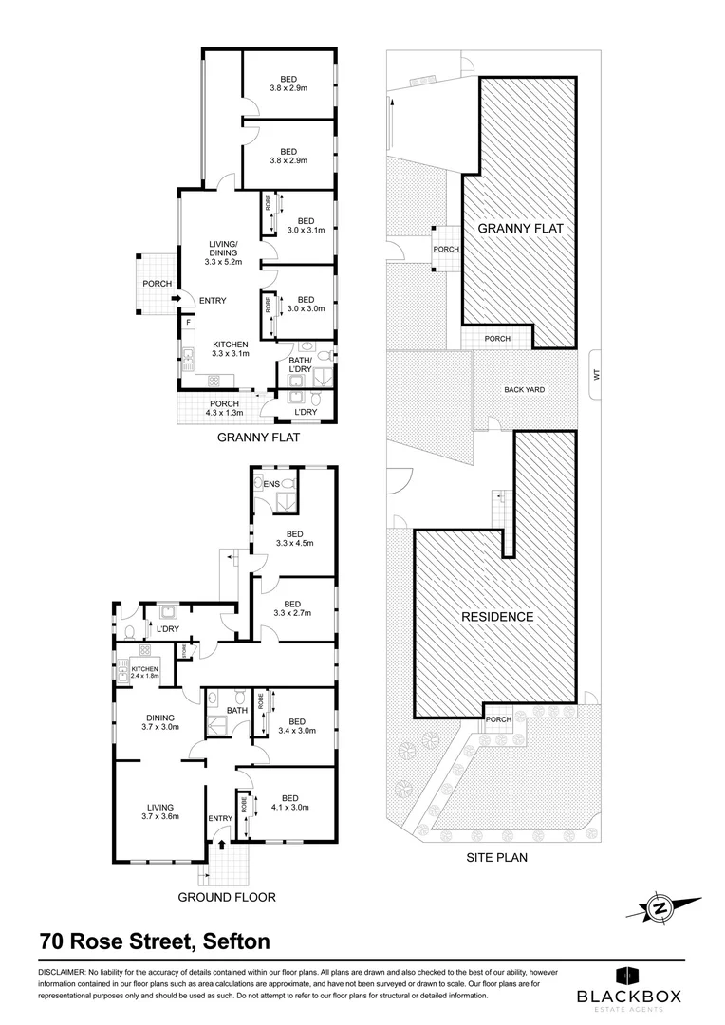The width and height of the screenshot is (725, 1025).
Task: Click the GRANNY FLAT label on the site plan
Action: (x=519, y=229)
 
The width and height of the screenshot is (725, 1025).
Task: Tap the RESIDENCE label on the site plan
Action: (x=497, y=616)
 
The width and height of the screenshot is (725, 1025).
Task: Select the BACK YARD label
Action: (x=524, y=390)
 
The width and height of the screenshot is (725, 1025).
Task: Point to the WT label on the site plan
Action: (x=597, y=374)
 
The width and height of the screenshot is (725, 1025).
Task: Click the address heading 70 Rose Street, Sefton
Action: (x=155, y=942)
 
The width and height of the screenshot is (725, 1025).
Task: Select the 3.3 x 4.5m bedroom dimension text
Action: (x=294, y=544)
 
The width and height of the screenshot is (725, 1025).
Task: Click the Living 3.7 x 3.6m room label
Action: (x=159, y=811)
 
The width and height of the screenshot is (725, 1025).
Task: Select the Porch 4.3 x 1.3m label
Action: (x=225, y=409)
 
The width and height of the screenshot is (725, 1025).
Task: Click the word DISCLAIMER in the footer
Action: (x=62, y=974)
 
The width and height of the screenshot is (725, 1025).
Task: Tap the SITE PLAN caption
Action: (x=495, y=856)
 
